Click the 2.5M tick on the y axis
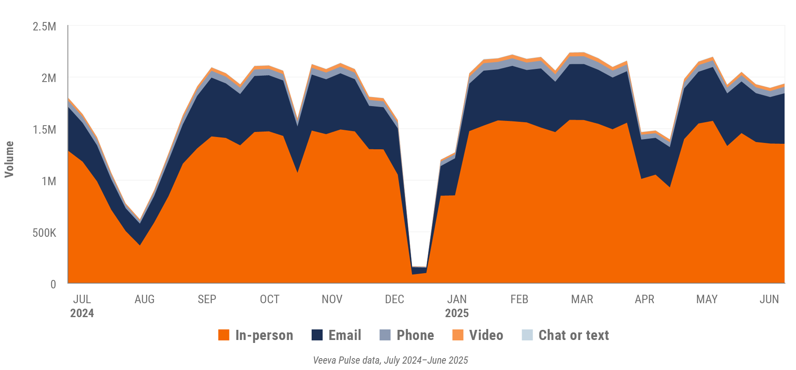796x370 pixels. tap(44, 27)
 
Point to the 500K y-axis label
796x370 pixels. tap(44, 233)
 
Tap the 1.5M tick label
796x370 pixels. tap(44, 130)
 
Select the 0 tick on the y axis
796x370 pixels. tap(53, 284)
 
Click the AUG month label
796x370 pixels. tap(144, 299)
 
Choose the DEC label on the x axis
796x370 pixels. tap(394, 299)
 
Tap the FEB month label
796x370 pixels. tap(519, 299)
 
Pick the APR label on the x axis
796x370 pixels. tap(644, 299)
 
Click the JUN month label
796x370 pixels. tap(769, 299)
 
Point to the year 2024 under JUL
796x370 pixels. tap(82, 313)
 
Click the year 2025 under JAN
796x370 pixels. tap(457, 313)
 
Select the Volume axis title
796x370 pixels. tap(9, 159)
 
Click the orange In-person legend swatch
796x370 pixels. tap(224, 335)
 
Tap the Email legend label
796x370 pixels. tap(345, 335)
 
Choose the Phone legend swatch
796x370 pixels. tap(385, 335)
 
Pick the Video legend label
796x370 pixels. tap(486, 335)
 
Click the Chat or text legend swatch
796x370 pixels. tap(527, 335)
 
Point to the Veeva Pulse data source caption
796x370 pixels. tap(390, 360)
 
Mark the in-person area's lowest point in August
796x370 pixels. tap(140, 245)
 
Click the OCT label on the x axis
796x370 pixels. tap(269, 299)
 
